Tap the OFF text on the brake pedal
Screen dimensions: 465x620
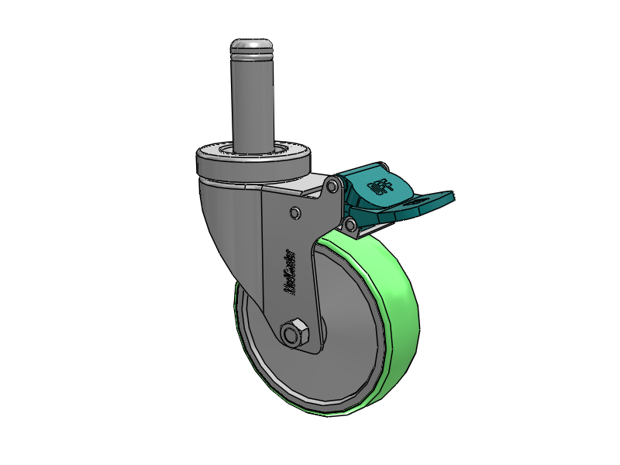tap(380, 186)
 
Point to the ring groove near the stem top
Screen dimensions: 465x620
tap(251, 56)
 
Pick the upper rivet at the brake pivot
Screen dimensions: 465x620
tap(332, 187)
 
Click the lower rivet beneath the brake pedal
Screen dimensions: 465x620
tap(350, 226)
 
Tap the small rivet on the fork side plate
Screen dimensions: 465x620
tap(294, 212)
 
